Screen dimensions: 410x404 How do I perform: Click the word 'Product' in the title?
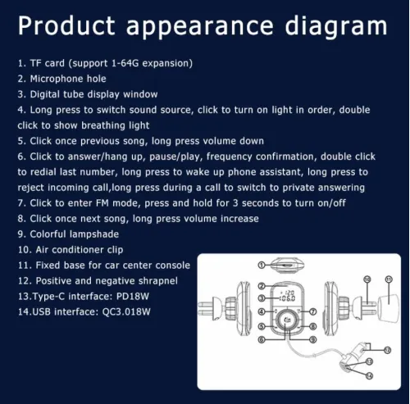click(x=66, y=25)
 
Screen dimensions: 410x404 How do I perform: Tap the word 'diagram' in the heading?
click(x=336, y=27)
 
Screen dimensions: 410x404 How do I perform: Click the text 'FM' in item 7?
click(x=102, y=203)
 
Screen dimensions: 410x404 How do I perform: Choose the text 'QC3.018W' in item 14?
click(x=126, y=312)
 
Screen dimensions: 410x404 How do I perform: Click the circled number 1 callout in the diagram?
click(x=262, y=265)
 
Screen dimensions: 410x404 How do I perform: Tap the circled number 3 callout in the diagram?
click(x=262, y=298)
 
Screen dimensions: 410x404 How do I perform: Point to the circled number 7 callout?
click(x=313, y=311)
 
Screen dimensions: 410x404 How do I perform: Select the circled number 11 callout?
click(x=389, y=279)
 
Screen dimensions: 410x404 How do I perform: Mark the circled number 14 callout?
click(x=369, y=376)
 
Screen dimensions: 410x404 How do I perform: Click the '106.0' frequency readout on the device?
click(x=287, y=298)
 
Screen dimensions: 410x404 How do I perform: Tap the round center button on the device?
click(x=287, y=320)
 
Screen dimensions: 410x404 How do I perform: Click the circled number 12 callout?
click(x=387, y=350)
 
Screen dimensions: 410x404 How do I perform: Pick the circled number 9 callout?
click(x=313, y=339)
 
